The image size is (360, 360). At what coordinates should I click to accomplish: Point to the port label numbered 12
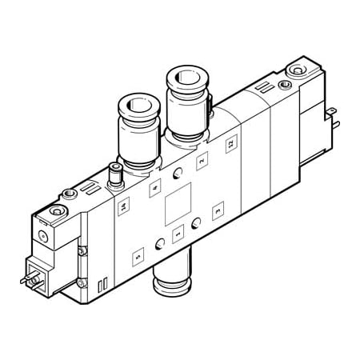[230, 144]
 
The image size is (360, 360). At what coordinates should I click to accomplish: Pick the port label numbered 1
[178, 233]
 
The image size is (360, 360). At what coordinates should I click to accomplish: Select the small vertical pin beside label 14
[114, 172]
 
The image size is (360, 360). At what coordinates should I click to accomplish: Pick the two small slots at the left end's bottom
[102, 286]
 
